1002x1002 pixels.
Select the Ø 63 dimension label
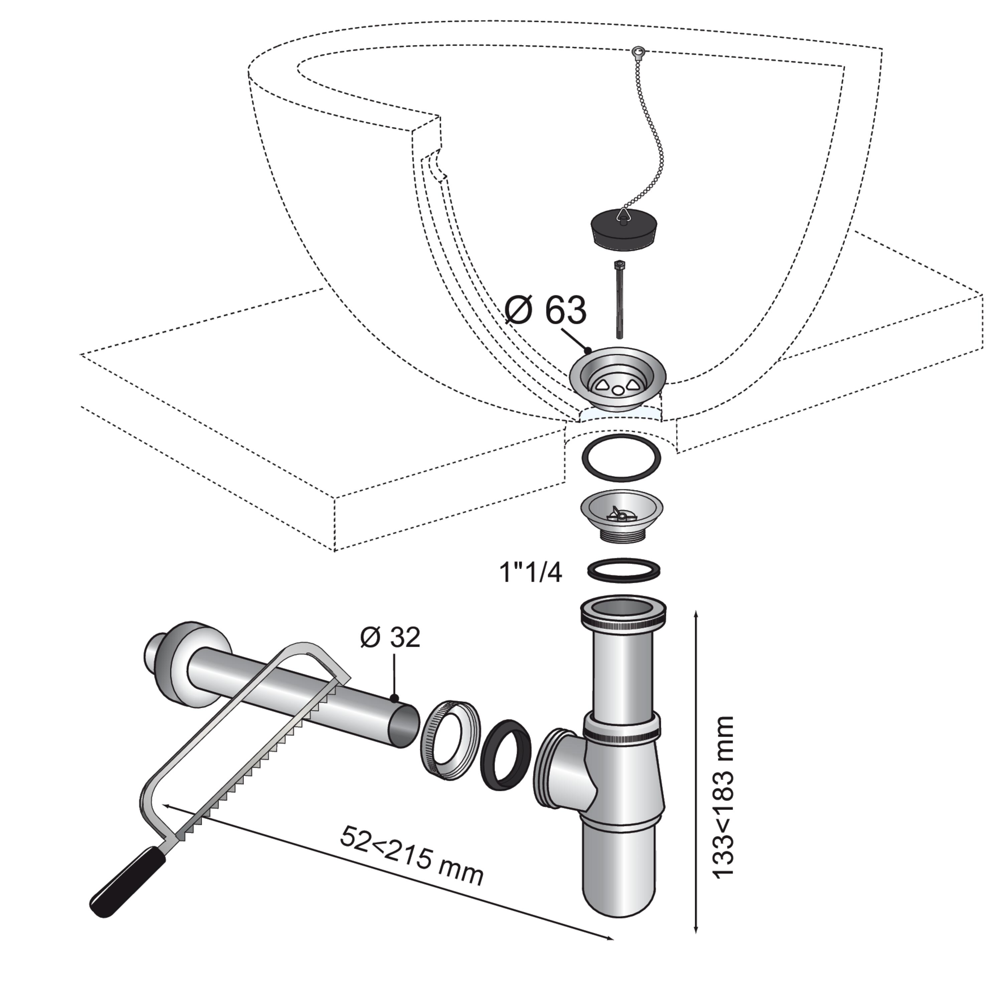point(546,311)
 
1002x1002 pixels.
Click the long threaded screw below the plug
point(619,299)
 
